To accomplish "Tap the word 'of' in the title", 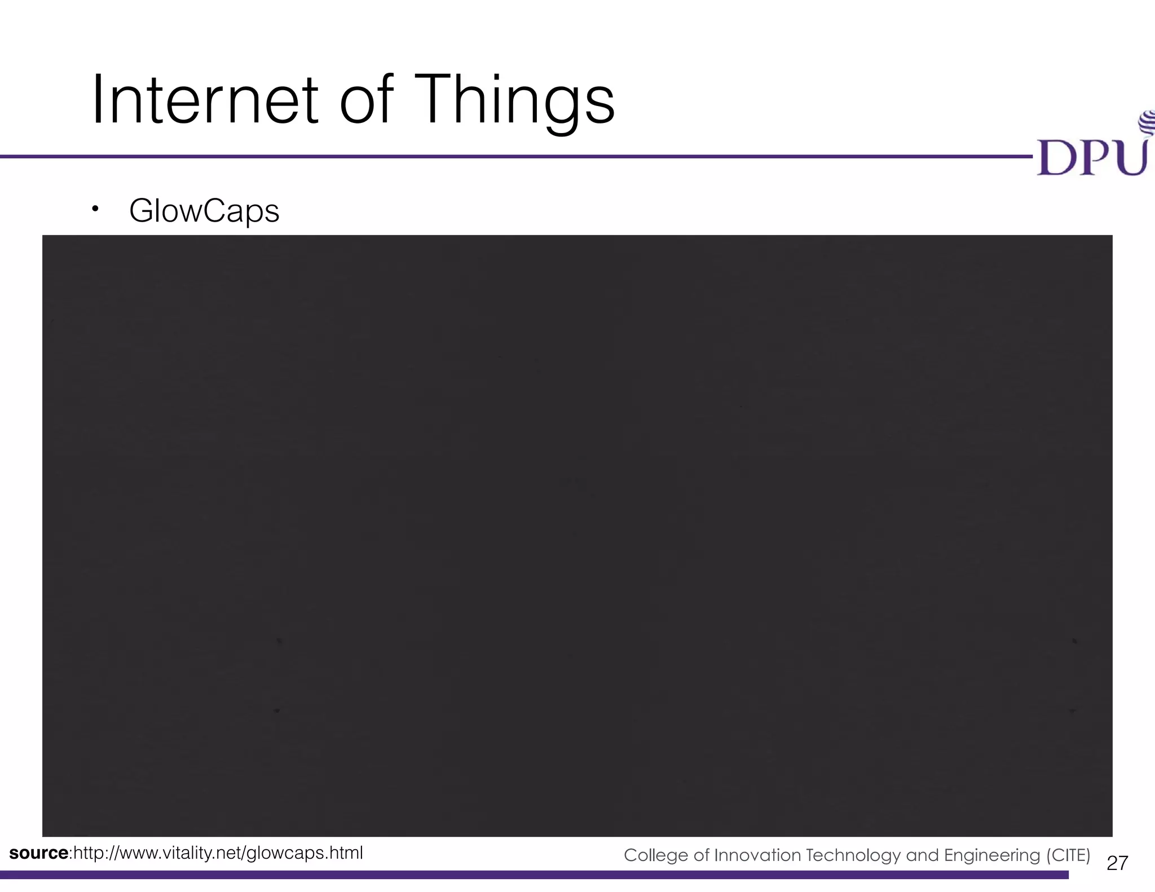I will tap(366, 100).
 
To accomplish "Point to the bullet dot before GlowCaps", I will tap(95, 210).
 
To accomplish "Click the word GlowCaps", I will tap(204, 211).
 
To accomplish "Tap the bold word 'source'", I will tap(38, 853).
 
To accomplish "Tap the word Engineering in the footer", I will tap(992, 855).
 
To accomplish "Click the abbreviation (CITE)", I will tap(1068, 855).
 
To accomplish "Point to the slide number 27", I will tap(1117, 863).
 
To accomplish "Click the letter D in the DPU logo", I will tap(1056, 158).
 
